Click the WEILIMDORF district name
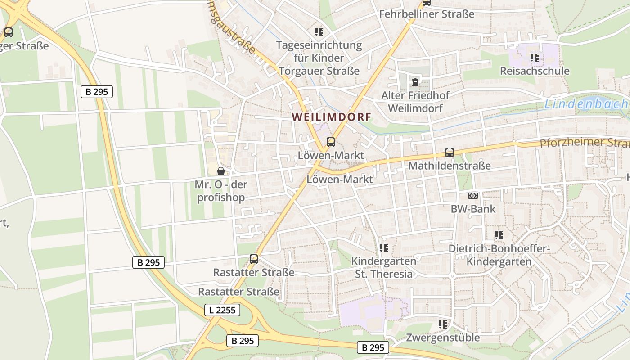click(332, 117)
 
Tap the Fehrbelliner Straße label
click(427, 14)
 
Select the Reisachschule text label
click(535, 71)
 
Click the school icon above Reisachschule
click(535, 57)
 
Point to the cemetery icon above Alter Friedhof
click(414, 82)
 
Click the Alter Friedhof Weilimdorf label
click(415, 102)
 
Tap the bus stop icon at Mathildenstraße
click(449, 153)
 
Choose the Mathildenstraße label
click(449, 166)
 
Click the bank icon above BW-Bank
click(472, 196)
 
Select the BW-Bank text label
click(473, 209)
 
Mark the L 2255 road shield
click(222, 310)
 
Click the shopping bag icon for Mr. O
click(221, 171)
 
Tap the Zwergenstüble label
click(443, 337)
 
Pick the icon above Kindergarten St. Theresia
click(383, 247)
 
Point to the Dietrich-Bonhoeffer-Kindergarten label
click(499, 255)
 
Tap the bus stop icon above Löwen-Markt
click(331, 142)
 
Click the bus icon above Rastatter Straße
click(254, 259)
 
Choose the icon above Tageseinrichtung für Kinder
click(319, 31)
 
